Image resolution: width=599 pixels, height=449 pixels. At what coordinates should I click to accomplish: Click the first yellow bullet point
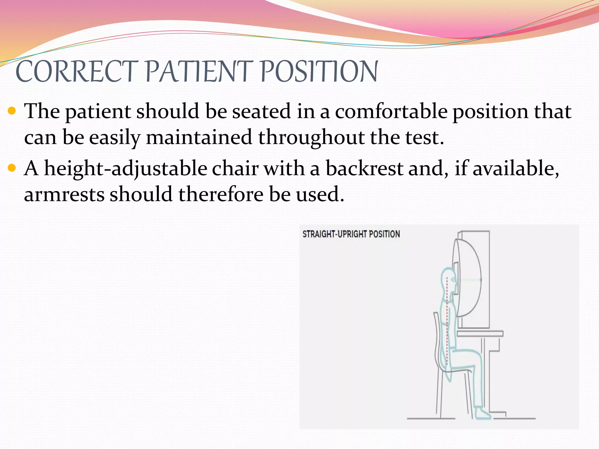[12, 111]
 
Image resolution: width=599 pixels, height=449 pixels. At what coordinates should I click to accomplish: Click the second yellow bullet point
[12, 168]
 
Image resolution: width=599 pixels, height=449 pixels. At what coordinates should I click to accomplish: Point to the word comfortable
[391, 111]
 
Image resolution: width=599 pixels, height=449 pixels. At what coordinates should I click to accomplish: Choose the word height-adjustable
[125, 169]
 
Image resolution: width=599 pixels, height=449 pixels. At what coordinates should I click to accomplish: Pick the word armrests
[64, 194]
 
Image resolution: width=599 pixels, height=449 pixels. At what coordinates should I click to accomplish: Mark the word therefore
[221, 194]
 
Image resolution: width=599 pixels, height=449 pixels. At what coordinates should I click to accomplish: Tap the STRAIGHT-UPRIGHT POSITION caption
[351, 234]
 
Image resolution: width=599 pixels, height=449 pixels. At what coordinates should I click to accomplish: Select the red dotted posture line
[447, 322]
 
